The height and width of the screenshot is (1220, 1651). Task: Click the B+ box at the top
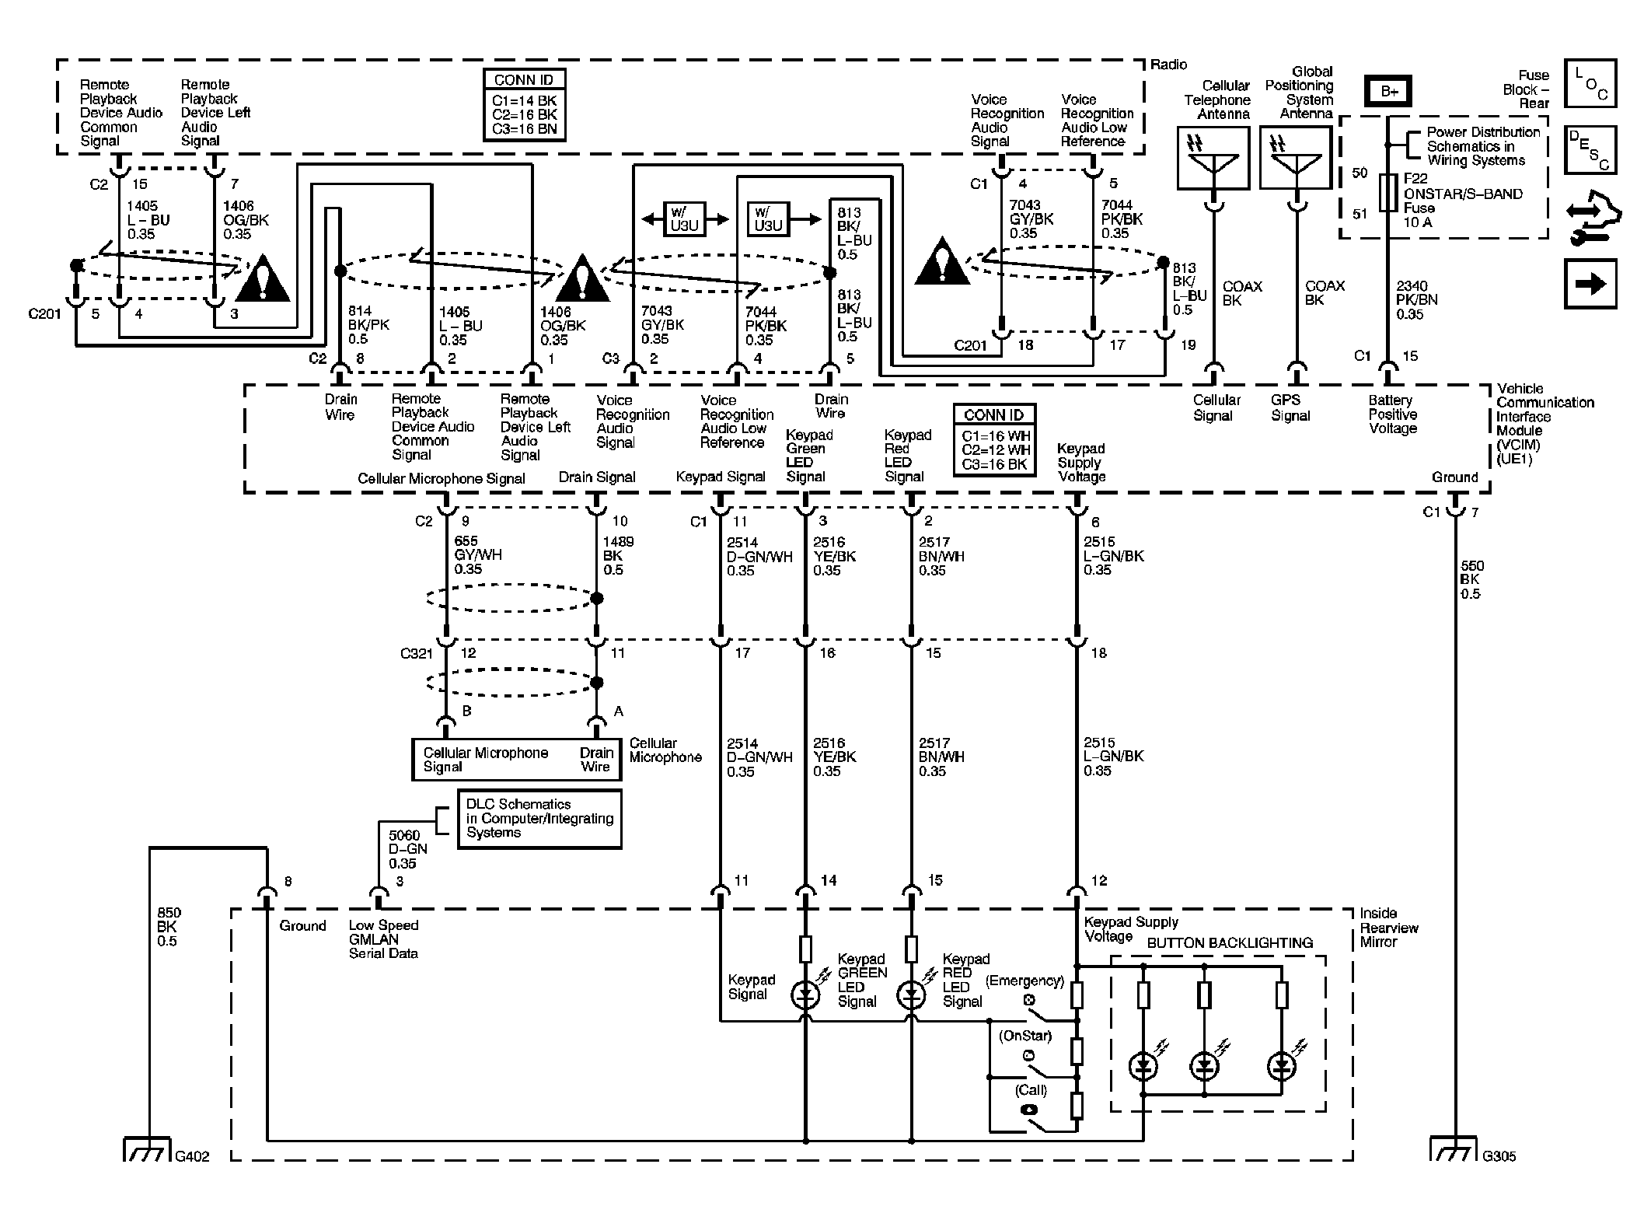click(x=1388, y=91)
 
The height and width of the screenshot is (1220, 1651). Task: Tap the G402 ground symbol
click(x=147, y=1149)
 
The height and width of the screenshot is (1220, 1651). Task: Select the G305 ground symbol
click(x=1453, y=1149)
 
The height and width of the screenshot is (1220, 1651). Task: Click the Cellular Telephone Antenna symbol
click(x=1213, y=159)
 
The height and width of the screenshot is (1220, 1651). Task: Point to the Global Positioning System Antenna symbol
click(x=1296, y=159)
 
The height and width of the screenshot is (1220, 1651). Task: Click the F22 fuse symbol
click(x=1388, y=193)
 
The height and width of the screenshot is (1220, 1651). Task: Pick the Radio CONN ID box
click(x=524, y=105)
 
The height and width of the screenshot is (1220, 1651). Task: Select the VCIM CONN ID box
click(x=994, y=440)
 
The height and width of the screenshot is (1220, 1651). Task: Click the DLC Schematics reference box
click(x=539, y=819)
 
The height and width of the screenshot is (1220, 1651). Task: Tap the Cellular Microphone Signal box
click(x=516, y=760)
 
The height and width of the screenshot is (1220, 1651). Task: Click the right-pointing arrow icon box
click(x=1590, y=284)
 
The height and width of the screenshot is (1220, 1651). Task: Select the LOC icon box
click(x=1590, y=83)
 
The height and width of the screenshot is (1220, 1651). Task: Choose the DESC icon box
click(x=1590, y=150)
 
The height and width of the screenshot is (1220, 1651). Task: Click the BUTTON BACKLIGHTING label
click(x=1230, y=943)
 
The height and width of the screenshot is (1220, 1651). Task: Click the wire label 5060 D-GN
click(x=407, y=849)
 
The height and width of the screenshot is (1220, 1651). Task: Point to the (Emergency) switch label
click(x=1024, y=981)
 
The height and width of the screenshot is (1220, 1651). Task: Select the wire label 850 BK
click(x=169, y=927)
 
